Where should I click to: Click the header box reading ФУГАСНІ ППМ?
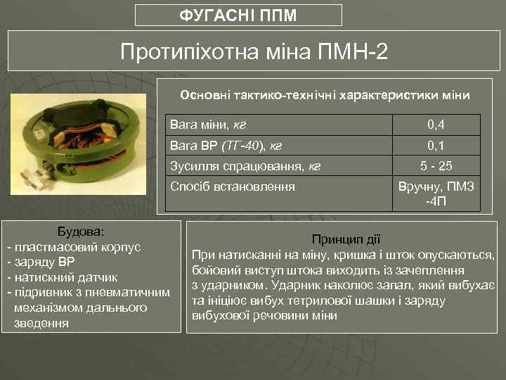pos(238,15)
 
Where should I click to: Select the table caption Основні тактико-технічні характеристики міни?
pos(325,94)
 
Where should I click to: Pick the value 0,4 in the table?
pos(436,125)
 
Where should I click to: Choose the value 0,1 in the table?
pos(436,146)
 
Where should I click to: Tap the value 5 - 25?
pos(436,167)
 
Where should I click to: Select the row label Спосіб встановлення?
pos(233,187)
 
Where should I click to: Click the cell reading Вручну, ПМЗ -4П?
pos(436,194)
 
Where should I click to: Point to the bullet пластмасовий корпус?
pos(77,247)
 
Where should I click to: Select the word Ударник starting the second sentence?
pos(293,285)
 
